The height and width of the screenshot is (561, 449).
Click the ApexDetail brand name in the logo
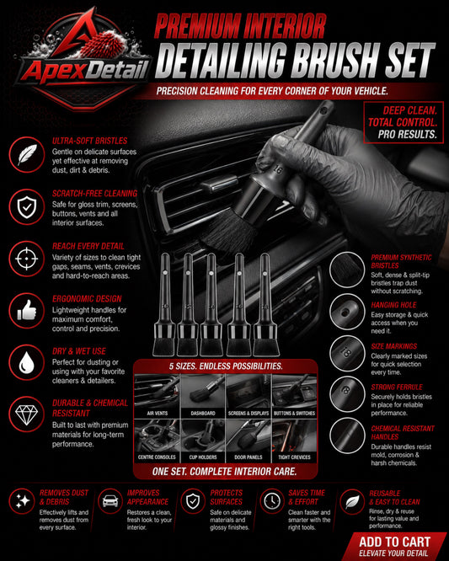(84, 70)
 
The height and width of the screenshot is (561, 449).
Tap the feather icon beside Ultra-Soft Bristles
(27, 154)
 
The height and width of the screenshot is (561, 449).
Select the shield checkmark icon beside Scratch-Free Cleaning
(27, 207)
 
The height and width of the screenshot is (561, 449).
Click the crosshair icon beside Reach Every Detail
(27, 259)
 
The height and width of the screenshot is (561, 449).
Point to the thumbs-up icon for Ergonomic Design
(27, 311)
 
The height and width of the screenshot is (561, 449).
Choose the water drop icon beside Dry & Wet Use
(27, 362)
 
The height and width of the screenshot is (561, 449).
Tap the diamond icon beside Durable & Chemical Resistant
(27, 414)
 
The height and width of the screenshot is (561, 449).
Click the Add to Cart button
(394, 547)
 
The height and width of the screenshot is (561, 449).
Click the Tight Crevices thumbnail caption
(295, 457)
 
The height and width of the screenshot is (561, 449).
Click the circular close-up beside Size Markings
(347, 354)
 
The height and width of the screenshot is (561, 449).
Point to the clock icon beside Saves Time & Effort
(272, 501)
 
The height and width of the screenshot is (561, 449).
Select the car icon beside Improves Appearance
(110, 501)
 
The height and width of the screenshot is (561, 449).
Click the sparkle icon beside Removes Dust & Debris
(22, 501)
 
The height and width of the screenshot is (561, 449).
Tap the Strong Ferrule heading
(397, 387)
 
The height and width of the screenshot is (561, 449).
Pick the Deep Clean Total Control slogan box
(404, 122)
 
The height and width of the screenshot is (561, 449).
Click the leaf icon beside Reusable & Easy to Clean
(352, 501)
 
